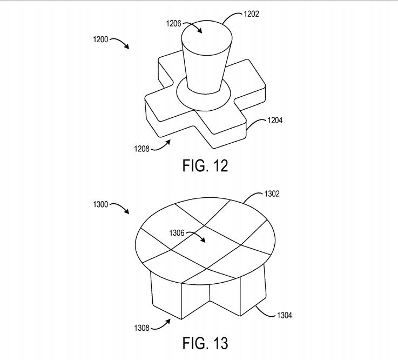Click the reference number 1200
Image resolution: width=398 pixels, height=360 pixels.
pos(100,39)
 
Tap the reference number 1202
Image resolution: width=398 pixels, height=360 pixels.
pos(251,14)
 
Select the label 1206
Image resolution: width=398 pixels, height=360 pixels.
pos(173,24)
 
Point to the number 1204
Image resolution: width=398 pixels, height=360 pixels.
pos(275,120)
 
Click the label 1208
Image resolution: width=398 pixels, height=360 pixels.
pos(141,149)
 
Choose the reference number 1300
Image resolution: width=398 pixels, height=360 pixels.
pos(100,204)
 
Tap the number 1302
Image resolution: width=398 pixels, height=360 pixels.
pos(272,194)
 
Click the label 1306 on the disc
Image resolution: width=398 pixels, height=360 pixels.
pos(177,233)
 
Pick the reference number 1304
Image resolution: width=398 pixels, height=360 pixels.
pos(285,315)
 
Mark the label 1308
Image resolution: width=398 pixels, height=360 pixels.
pos(141,328)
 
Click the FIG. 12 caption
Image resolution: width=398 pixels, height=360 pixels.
pos(205,165)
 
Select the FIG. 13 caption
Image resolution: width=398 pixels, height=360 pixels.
pos(205,343)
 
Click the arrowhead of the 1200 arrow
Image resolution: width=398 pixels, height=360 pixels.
pos(127,46)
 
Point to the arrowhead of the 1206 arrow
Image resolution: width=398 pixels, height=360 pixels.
pos(200,31)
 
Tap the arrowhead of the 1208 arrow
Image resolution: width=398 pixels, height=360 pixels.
pos(168,142)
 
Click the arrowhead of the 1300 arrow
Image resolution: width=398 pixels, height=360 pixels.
pos(127,212)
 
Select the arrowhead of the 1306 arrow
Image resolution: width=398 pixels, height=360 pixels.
pos(203,241)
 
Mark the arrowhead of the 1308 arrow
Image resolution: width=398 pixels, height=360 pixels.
pos(168,321)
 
